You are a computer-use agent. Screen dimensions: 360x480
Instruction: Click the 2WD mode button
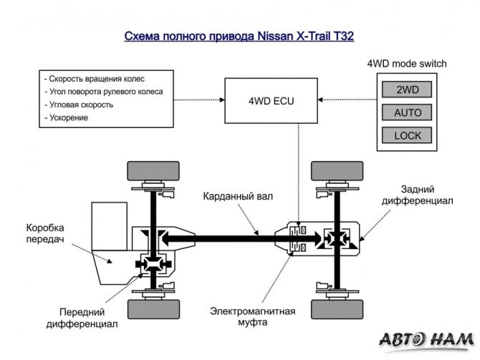(x=408, y=89)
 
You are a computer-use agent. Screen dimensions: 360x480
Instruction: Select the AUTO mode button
(x=408, y=112)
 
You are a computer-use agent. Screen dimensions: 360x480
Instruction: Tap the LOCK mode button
(x=408, y=135)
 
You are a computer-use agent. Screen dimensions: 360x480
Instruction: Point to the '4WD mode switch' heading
(x=406, y=64)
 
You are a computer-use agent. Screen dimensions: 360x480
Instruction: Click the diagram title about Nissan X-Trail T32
(x=239, y=36)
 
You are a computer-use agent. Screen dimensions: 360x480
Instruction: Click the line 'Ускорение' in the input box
(x=66, y=117)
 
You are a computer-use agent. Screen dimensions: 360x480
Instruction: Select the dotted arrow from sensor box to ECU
(x=199, y=99)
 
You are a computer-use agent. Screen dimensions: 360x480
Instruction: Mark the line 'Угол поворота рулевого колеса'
(x=103, y=92)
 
